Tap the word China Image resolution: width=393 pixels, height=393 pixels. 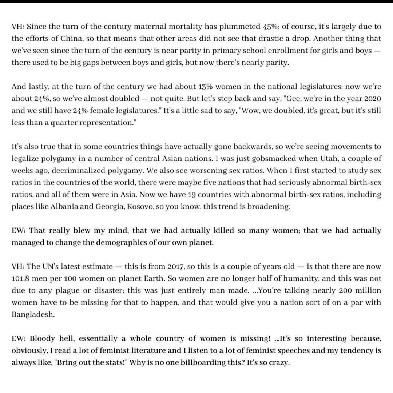75,39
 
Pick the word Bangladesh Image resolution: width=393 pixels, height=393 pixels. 33,314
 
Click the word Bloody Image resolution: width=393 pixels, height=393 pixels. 42,338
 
